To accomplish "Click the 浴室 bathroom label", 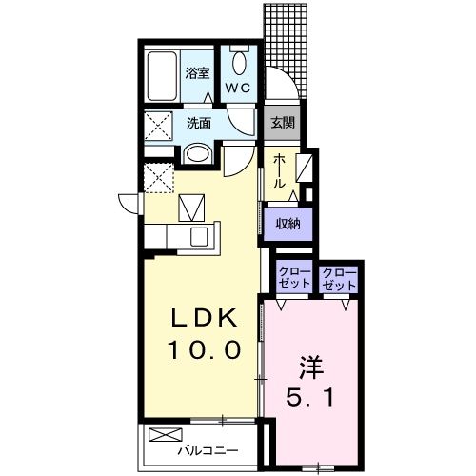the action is click(x=197, y=73).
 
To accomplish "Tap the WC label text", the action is click(x=238, y=88).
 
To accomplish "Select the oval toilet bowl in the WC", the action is click(x=239, y=63).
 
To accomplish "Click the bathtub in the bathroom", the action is click(x=162, y=76).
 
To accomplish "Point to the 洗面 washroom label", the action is click(x=199, y=123).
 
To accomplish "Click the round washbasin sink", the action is click(x=197, y=154).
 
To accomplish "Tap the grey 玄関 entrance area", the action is click(x=282, y=123).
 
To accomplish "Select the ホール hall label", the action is click(x=279, y=171).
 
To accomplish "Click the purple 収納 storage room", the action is click(x=288, y=225).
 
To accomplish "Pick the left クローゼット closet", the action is click(x=294, y=277).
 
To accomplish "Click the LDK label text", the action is click(x=205, y=318).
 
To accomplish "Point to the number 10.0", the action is click(x=205, y=349).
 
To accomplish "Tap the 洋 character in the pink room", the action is click(x=311, y=367).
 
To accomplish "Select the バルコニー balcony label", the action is click(x=208, y=450).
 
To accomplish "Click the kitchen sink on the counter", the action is click(x=199, y=237).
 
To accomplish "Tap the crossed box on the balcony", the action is click(x=166, y=435).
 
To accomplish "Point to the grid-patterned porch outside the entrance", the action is click(x=286, y=50).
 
